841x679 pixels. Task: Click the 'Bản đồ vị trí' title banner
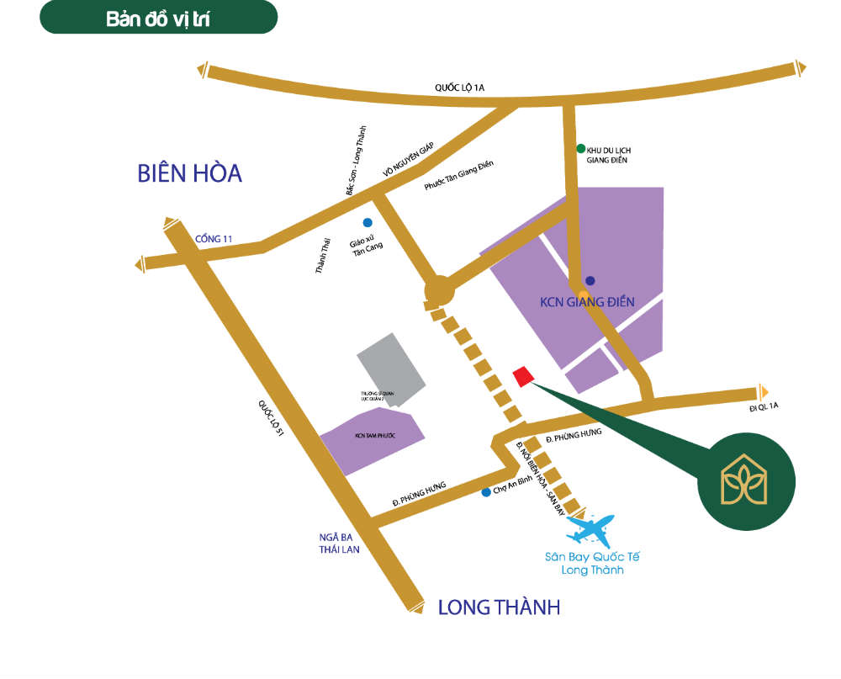(x=158, y=19)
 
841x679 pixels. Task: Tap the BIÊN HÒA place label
(x=189, y=174)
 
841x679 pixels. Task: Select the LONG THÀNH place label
(x=499, y=607)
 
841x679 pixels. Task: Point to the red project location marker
(x=523, y=376)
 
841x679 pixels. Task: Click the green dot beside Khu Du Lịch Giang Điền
(x=580, y=148)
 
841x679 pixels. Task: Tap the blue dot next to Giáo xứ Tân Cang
(x=367, y=223)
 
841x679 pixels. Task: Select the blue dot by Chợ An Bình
(x=486, y=492)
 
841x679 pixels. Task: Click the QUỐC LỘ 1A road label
(x=460, y=88)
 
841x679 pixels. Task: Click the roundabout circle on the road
(x=439, y=291)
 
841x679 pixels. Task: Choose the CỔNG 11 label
(x=213, y=239)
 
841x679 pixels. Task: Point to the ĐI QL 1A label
(x=764, y=407)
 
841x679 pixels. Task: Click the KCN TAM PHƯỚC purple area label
(x=375, y=436)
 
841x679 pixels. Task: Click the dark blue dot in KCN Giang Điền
(x=590, y=281)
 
